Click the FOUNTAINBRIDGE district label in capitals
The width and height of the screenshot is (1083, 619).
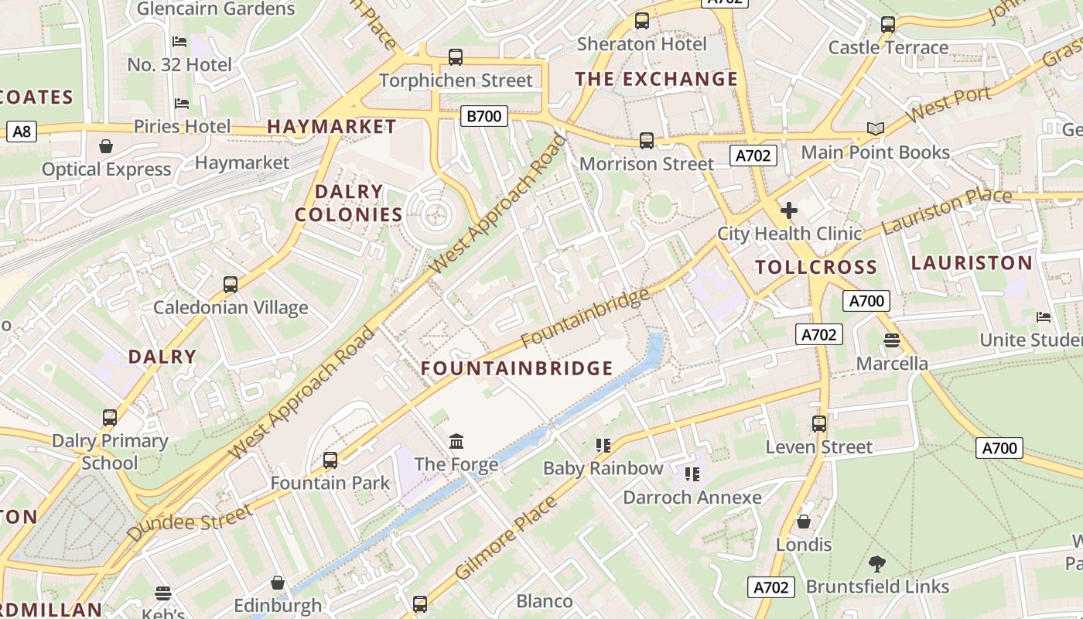tap(517, 368)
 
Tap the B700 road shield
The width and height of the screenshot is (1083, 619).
tap(483, 117)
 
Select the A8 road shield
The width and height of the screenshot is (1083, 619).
tap(22, 132)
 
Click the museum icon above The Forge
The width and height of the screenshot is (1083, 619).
tap(456, 442)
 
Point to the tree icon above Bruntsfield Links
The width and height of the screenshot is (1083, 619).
tap(876, 563)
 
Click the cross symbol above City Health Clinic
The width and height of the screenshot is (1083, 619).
tap(788, 210)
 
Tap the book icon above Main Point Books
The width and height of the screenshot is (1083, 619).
tap(875, 129)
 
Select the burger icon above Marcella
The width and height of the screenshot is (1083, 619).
tap(891, 340)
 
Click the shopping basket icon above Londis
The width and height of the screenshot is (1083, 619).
tap(804, 522)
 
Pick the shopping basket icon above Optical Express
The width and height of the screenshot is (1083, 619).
tap(106, 146)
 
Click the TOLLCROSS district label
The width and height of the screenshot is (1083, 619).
tap(815, 268)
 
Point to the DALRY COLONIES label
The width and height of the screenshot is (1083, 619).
tap(349, 203)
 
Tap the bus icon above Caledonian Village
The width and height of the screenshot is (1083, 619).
tap(230, 285)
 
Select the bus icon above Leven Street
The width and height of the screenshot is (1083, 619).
tap(818, 424)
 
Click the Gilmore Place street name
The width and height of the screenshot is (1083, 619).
tap(506, 539)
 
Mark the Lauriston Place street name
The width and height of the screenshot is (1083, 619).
tap(946, 211)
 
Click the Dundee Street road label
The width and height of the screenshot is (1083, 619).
tap(190, 523)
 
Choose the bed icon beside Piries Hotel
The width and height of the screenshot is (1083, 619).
tap(181, 104)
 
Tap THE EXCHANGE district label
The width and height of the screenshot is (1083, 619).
tap(656, 79)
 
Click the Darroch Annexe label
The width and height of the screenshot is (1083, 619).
tap(692, 498)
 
